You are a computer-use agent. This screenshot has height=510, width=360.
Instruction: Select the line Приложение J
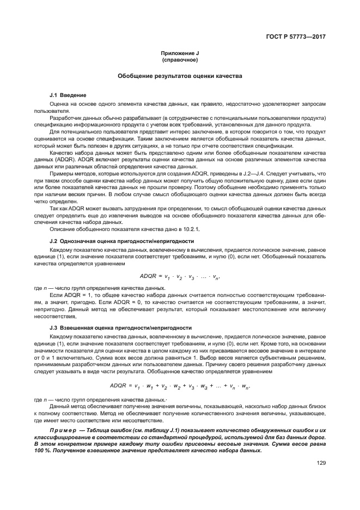coord(180,52)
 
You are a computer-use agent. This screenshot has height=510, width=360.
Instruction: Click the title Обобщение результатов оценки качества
coord(180,76)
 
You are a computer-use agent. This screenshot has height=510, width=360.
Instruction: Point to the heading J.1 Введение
coord(68,95)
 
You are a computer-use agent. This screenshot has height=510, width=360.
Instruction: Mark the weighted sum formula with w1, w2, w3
coord(179,386)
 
